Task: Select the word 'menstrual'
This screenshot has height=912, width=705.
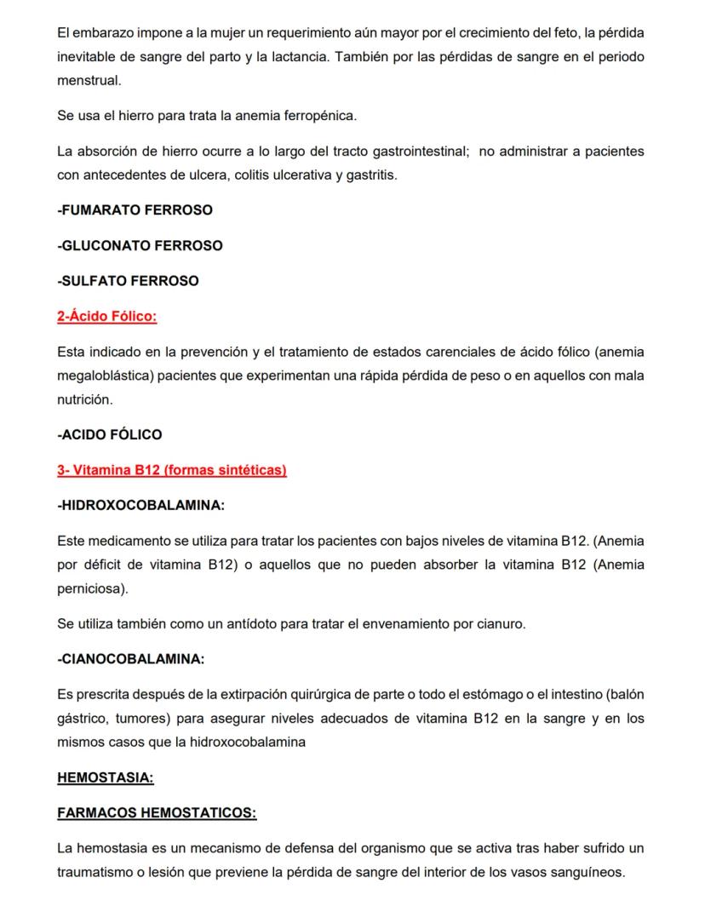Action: tap(89, 81)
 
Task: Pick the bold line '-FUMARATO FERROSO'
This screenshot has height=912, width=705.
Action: tap(135, 209)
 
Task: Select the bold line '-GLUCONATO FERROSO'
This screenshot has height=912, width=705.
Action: tap(140, 245)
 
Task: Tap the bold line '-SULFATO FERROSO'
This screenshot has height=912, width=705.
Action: tap(128, 281)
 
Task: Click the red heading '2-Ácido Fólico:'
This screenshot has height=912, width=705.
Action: tap(107, 317)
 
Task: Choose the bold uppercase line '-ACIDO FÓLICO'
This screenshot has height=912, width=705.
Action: tap(109, 434)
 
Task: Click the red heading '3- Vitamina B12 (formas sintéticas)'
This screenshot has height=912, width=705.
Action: tap(172, 470)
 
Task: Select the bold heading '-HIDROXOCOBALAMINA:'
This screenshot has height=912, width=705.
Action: tap(140, 505)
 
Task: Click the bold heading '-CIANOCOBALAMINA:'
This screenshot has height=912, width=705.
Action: tap(131, 659)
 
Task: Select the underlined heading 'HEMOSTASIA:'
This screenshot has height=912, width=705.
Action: tap(106, 777)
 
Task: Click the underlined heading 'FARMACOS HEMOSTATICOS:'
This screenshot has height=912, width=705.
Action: tap(157, 813)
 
